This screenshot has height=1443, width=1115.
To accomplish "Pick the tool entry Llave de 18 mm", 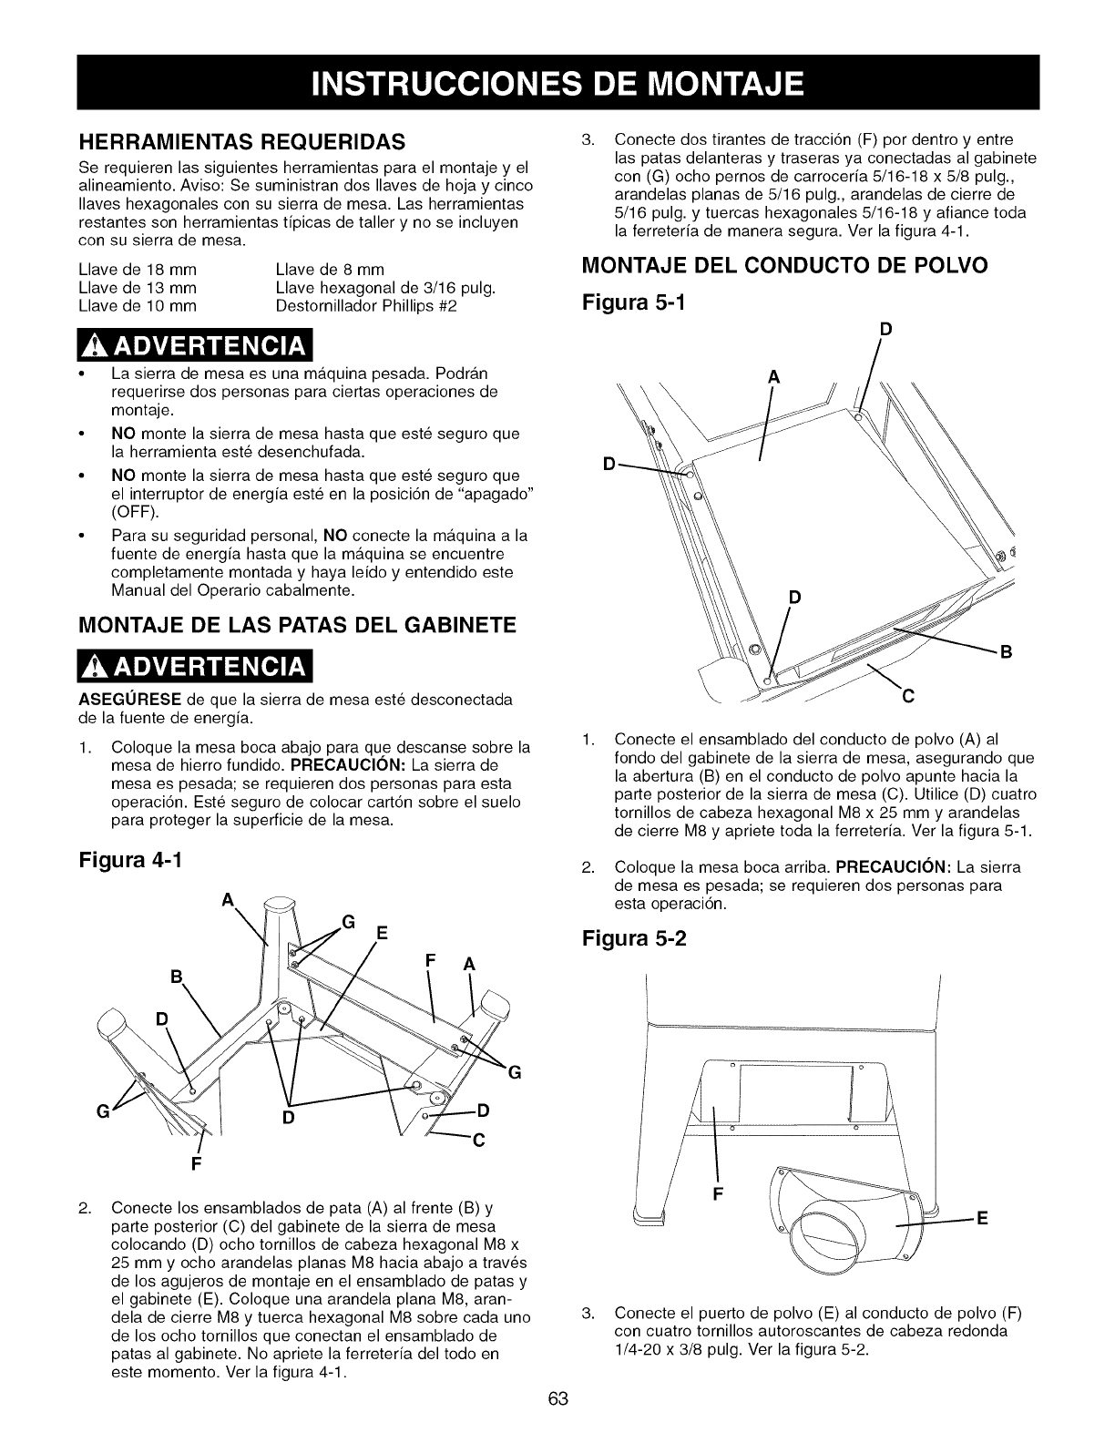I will [x=138, y=270].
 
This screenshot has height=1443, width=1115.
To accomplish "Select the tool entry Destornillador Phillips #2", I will [x=365, y=306].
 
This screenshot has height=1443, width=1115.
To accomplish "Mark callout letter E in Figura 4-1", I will [x=382, y=933].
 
